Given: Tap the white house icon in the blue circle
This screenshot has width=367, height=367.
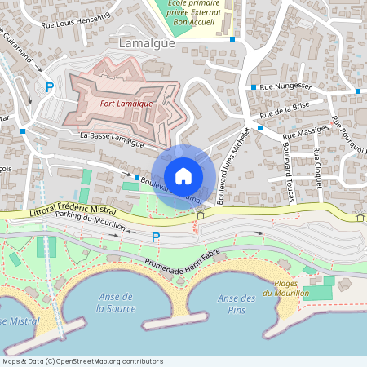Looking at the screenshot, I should pos(183,175).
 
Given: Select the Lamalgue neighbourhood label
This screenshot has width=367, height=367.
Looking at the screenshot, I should pos(147,43).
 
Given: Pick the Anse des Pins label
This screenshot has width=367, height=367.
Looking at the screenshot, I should pos(237,303).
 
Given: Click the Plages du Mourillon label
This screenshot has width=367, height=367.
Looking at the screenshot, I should pos(280,289).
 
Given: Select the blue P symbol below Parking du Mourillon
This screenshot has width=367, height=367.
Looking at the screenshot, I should pos(156,237).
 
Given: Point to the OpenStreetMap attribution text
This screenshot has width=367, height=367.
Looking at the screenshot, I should pos(82,360).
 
